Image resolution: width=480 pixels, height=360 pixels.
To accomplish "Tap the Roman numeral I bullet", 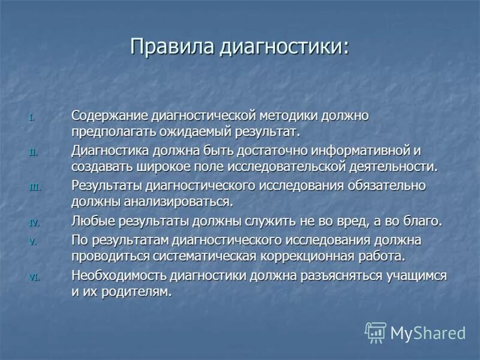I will tap(33, 117).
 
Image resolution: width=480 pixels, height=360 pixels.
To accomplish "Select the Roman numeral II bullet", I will tap(33, 152).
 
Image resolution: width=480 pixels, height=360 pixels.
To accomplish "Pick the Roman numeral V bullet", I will tap(34, 242).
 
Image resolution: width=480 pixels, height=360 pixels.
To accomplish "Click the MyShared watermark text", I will tap(428, 333).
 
